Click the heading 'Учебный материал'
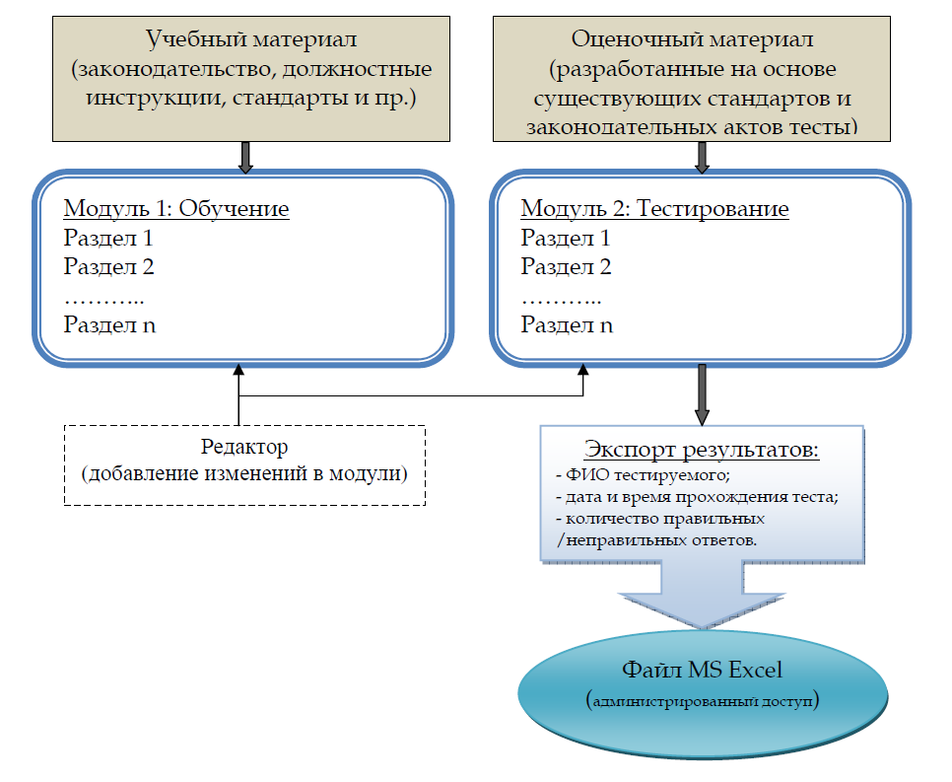[x=251, y=40]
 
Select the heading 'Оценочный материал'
[x=692, y=40]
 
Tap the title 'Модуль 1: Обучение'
[x=176, y=208]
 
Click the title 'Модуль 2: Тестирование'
[x=654, y=208]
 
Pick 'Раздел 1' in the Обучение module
[x=108, y=238]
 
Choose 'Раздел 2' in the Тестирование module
[x=566, y=266]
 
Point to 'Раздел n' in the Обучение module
[x=110, y=325]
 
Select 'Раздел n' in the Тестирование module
[x=567, y=325]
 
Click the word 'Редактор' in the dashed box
[x=244, y=447]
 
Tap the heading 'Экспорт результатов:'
[x=702, y=450]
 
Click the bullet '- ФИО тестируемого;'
[x=643, y=474]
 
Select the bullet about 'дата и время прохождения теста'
[x=697, y=497]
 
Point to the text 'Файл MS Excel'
[x=702, y=670]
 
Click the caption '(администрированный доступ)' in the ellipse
[x=703, y=700]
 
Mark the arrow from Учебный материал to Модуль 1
[x=245, y=158]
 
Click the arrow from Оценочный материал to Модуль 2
[x=702, y=158]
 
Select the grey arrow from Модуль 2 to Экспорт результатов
[x=702, y=395]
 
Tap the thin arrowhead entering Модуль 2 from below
[x=583, y=370]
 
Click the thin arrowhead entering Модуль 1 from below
[x=238, y=370]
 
